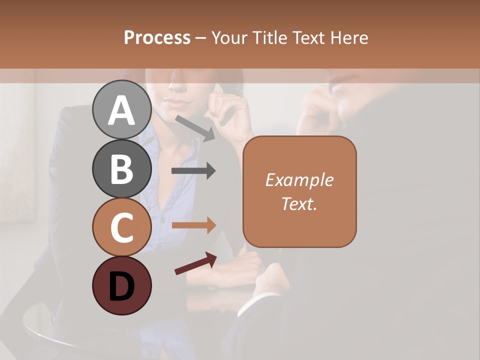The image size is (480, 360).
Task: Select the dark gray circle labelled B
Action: pyautogui.click(x=121, y=168)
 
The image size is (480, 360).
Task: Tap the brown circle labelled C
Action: pyautogui.click(x=121, y=227)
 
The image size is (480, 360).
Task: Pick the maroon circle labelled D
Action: pyautogui.click(x=121, y=285)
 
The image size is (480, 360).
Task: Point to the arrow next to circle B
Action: pyautogui.click(x=193, y=171)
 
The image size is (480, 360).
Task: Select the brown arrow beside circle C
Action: pyautogui.click(x=193, y=225)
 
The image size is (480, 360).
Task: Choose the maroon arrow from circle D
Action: pyautogui.click(x=195, y=263)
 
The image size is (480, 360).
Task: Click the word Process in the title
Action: pyautogui.click(x=157, y=38)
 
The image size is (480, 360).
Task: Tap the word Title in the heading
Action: pyautogui.click(x=270, y=38)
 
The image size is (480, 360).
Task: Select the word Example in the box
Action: pyautogui.click(x=299, y=180)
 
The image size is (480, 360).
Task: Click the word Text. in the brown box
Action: pyautogui.click(x=299, y=204)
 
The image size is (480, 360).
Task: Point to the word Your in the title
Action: pyautogui.click(x=230, y=38)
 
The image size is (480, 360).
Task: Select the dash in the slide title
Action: pyautogui.click(x=200, y=38)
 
